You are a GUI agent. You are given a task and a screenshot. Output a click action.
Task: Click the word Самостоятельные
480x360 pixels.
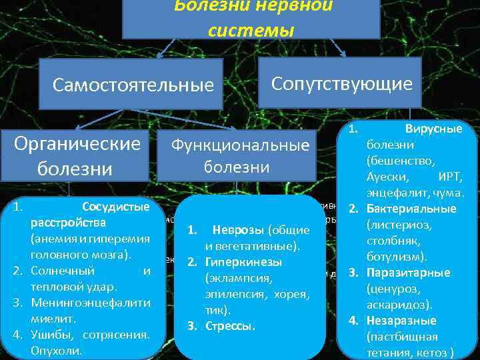coord(133,85)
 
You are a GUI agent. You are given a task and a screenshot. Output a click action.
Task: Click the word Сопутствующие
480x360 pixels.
coord(341,83)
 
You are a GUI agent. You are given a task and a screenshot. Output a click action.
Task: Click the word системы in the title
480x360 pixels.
coord(251,30)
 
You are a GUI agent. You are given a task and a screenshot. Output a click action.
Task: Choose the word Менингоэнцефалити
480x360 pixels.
coord(90,303)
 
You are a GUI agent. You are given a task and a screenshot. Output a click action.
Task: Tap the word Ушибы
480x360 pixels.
coord(48,335)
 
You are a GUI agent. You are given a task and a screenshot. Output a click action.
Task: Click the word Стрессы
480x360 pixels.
coord(231,326)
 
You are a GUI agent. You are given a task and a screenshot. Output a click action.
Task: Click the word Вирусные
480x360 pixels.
coord(433,129)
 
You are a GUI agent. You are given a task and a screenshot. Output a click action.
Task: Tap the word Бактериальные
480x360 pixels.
coord(411,209)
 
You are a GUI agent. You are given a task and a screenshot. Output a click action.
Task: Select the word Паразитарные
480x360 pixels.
coord(408,273)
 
